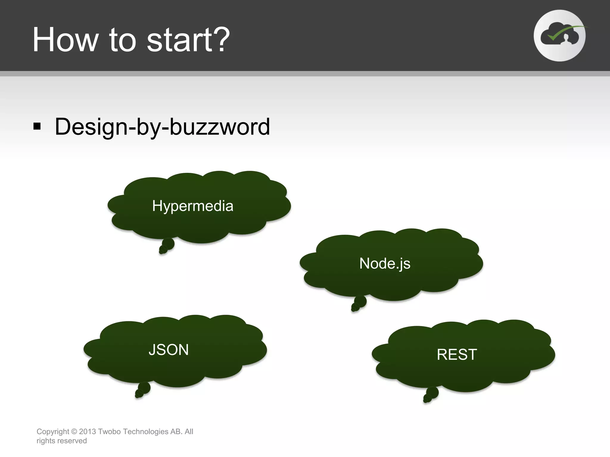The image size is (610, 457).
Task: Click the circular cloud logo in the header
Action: [559, 36]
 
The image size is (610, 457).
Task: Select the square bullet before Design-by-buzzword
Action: [37, 126]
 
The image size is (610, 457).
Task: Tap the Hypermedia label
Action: [193, 206]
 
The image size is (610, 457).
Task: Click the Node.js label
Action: [385, 264]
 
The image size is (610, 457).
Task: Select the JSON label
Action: [169, 350]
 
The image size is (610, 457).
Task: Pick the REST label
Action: [457, 355]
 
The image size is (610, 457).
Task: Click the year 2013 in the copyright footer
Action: [87, 431]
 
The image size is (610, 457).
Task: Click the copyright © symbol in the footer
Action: [74, 431]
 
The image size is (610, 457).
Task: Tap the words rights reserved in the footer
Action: [62, 441]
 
